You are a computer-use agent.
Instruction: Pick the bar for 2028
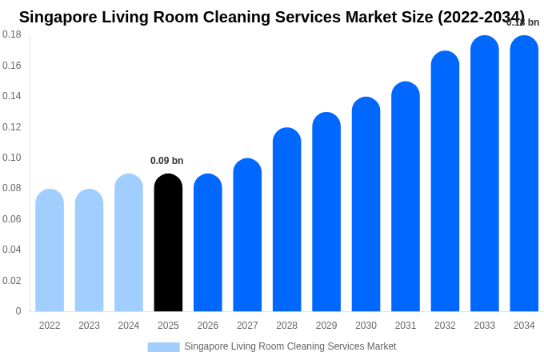(x=286, y=220)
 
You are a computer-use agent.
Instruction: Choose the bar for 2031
(x=406, y=197)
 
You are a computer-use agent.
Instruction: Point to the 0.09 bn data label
(x=166, y=161)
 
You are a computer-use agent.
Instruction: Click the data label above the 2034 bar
(x=522, y=22)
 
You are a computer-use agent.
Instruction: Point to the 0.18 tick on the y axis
(x=12, y=34)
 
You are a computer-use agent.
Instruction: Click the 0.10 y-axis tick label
(x=12, y=158)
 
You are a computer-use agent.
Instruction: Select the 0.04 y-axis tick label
(x=12, y=250)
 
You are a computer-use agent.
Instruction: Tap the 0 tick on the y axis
(x=18, y=311)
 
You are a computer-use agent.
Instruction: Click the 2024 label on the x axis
(x=129, y=326)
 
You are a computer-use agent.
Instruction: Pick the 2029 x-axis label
(x=326, y=326)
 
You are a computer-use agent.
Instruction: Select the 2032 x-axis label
(x=445, y=326)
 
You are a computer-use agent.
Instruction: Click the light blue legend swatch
(x=163, y=347)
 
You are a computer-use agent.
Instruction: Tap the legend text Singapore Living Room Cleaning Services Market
(x=290, y=346)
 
